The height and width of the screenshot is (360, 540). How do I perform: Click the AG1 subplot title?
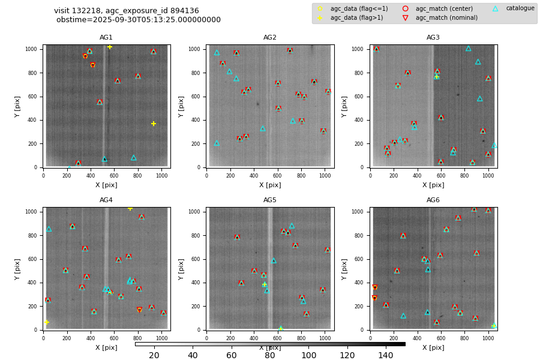tap(106, 38)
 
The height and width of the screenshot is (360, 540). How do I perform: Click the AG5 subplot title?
tap(270, 200)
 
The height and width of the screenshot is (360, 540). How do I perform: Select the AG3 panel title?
tap(433, 38)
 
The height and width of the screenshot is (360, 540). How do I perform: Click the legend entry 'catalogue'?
tap(520, 8)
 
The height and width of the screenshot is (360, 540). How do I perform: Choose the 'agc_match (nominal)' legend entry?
tap(446, 18)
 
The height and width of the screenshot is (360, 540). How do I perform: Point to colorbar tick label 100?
tap(308, 356)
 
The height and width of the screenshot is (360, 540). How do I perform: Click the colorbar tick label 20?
tap(154, 356)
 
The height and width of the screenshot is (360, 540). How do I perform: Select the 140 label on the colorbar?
tap(386, 356)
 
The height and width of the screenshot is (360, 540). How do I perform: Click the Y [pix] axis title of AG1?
tap(19, 106)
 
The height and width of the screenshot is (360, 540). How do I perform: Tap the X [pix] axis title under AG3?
tap(433, 185)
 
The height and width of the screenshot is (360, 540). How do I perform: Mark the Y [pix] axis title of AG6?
tap(346, 269)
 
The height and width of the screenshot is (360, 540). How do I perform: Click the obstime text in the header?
tap(139, 20)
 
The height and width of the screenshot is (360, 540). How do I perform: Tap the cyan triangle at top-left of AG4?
tap(49, 229)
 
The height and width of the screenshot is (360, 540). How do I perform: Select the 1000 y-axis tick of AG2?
tap(197, 49)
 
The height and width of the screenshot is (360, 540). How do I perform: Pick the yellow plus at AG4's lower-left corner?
tap(47, 322)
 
